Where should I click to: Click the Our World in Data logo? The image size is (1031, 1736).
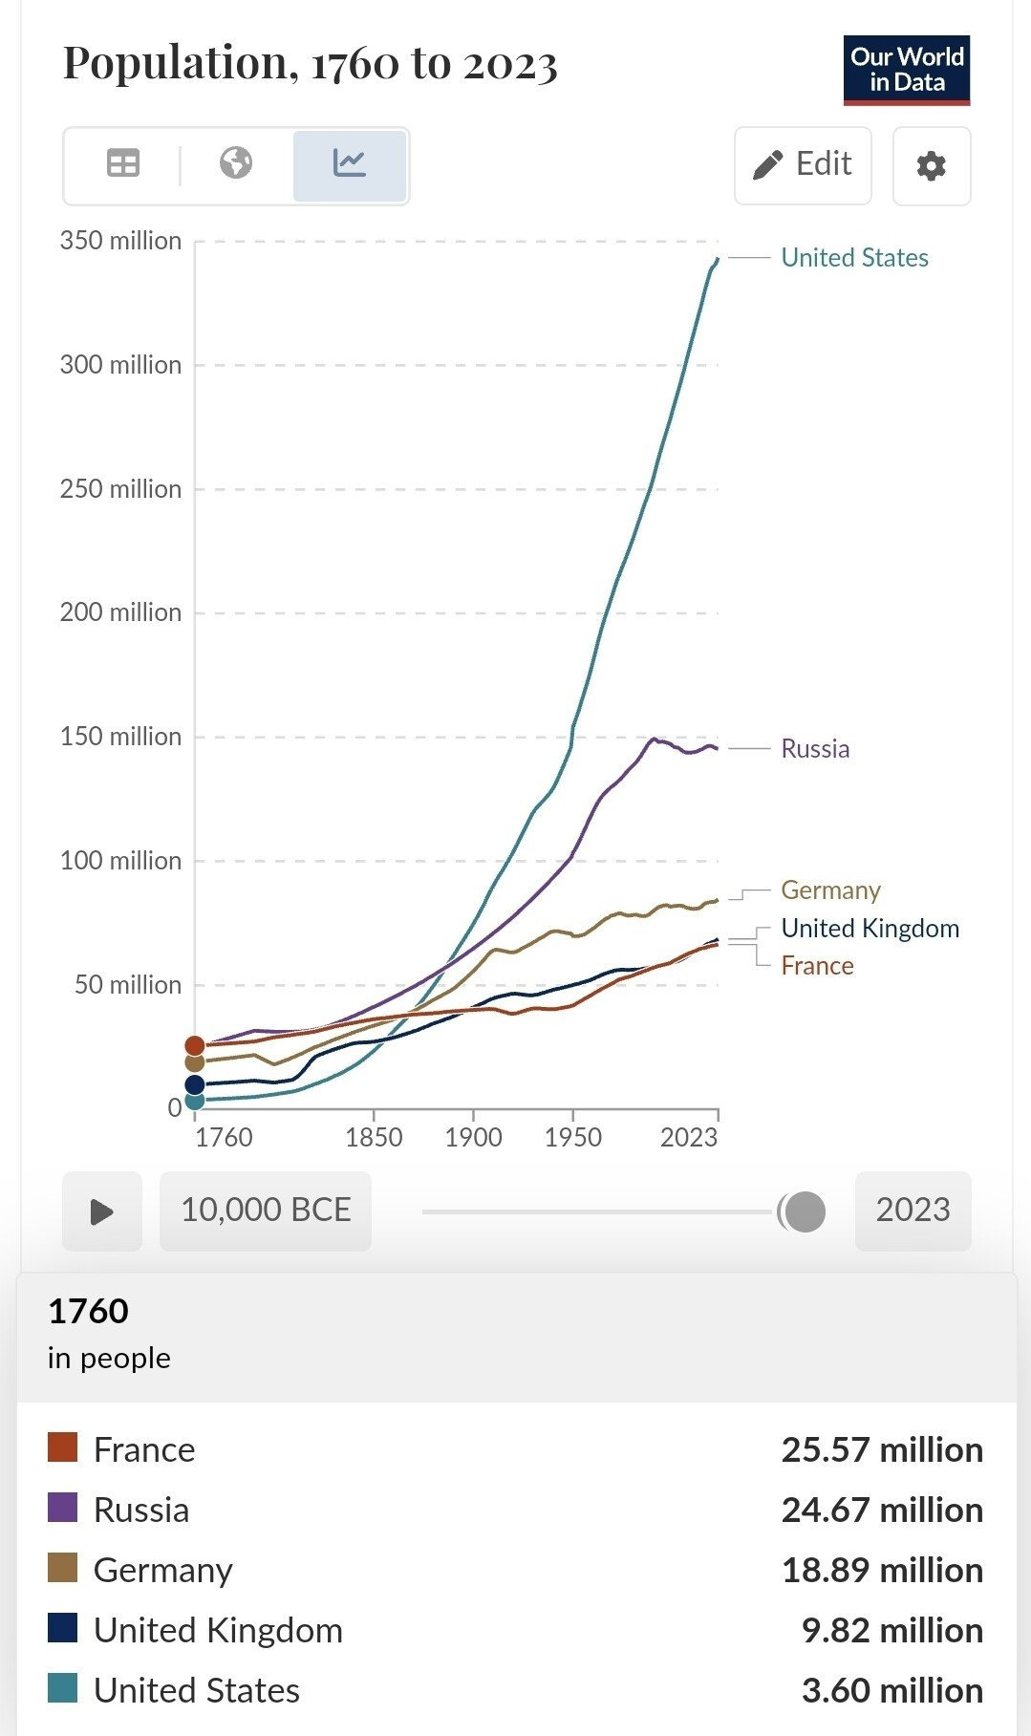pyautogui.click(x=906, y=70)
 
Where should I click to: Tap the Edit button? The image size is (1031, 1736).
pyautogui.click(x=803, y=165)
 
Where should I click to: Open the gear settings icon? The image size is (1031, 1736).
pyautogui.click(x=931, y=166)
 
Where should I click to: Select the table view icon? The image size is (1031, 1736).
pyautogui.click(x=123, y=164)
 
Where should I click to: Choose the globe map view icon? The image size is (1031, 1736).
pyautogui.click(x=236, y=163)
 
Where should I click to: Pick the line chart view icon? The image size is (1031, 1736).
pyautogui.click(x=350, y=164)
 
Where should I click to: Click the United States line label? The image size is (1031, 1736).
pyautogui.click(x=854, y=258)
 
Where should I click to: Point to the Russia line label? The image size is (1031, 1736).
pyautogui.click(x=815, y=749)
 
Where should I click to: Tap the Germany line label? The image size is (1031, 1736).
pyautogui.click(x=830, y=890)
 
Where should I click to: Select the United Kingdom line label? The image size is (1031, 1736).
pyautogui.click(x=870, y=929)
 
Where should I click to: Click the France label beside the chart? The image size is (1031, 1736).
pyautogui.click(x=817, y=966)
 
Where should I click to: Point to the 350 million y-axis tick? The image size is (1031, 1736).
pyautogui.click(x=120, y=241)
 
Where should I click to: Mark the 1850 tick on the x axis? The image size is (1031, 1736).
pyautogui.click(x=374, y=1137)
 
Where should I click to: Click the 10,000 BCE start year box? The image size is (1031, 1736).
pyautogui.click(x=266, y=1211)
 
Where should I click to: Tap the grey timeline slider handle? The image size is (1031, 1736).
pyautogui.click(x=805, y=1211)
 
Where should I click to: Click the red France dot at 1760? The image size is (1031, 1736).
pyautogui.click(x=195, y=1045)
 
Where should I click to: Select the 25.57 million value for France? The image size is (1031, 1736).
pyautogui.click(x=881, y=1450)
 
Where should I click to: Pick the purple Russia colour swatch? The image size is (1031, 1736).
pyautogui.click(x=63, y=1509)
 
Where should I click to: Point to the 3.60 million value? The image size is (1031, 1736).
pyautogui.click(x=891, y=1691)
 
